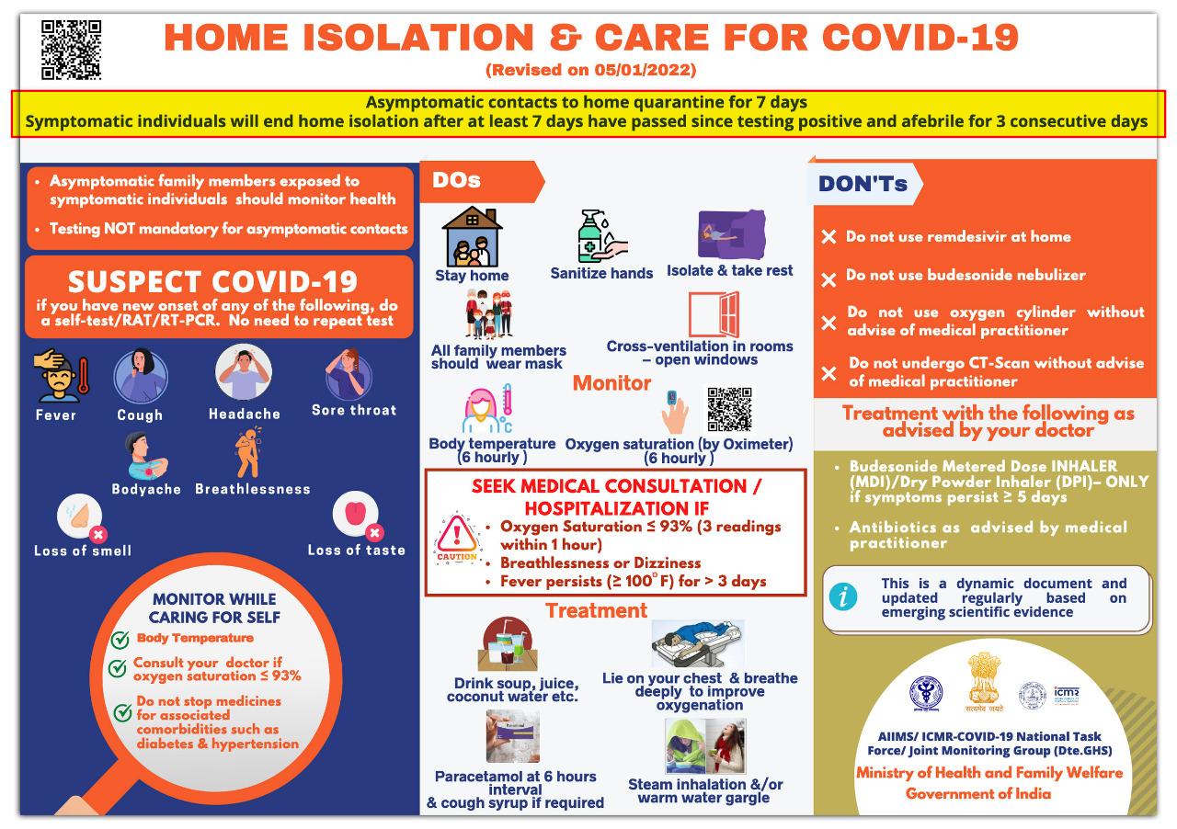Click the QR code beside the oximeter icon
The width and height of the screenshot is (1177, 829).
tap(729, 410)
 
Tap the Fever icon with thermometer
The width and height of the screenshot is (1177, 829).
tap(60, 375)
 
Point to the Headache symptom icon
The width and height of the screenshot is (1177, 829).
tap(244, 372)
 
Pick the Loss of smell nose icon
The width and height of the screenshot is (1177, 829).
tap(80, 517)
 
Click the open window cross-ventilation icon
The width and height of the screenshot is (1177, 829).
tap(714, 315)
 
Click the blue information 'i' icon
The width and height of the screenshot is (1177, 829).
tap(843, 597)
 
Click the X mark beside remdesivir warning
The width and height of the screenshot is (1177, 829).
tap(828, 237)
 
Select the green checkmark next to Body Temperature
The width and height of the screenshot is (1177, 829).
tap(120, 640)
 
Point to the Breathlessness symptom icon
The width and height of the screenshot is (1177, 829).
tap(248, 454)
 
